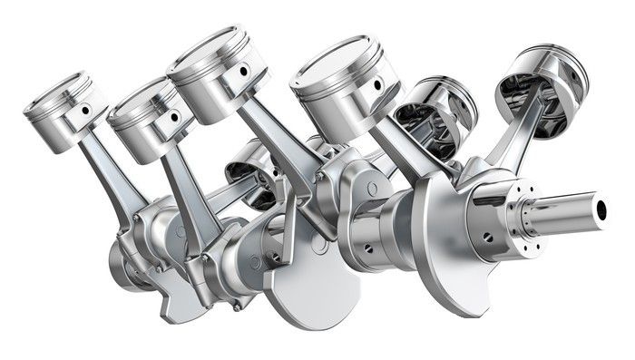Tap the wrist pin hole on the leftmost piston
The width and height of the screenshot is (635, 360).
86,111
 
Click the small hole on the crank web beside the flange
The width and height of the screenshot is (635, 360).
487,238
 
